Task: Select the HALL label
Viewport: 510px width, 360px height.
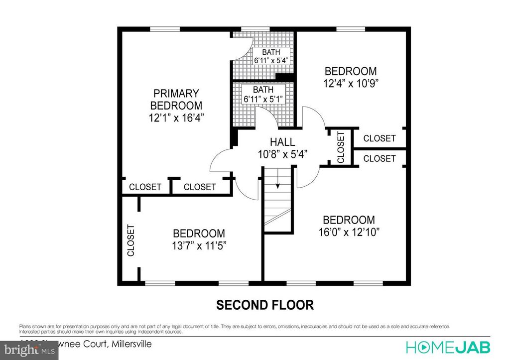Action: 282,142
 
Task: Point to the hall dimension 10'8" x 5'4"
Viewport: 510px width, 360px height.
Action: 282,154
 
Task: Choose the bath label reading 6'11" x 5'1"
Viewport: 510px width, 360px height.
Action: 263,99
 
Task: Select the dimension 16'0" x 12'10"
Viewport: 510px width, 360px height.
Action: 349,232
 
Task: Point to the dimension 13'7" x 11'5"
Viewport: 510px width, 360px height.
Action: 198,245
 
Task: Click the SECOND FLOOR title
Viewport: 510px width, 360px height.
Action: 264,305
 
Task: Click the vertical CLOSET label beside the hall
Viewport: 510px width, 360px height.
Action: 341,147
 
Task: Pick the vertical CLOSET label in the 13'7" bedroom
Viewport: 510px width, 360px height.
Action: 131,240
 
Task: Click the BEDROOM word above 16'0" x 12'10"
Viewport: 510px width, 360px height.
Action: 349,220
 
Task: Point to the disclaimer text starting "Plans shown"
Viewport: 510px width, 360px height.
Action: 234,329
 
